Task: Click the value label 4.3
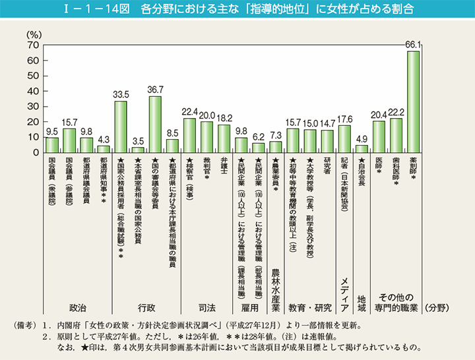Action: coord(104,140)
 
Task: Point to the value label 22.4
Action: coord(189,112)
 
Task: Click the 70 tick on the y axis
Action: coord(31,45)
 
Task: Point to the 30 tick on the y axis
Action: coord(31,107)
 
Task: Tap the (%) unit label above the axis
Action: coord(33,33)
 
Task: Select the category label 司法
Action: coord(207,308)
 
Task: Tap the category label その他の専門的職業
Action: coord(396,303)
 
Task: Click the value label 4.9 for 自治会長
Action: coord(362,139)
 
